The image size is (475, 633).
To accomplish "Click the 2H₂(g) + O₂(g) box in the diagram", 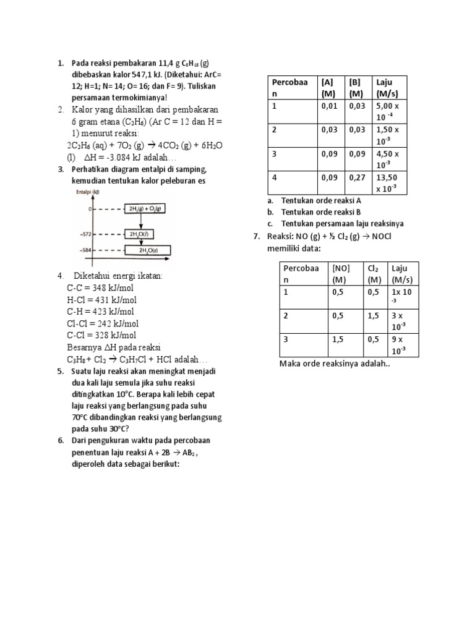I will coord(145,210).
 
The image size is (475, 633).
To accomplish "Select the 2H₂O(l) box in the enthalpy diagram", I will coord(139,234).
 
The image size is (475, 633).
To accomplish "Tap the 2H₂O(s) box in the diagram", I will coord(148,250).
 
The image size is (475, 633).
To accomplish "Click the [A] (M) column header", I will coord(328,88).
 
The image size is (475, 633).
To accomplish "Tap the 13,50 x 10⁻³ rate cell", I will coord(389,183).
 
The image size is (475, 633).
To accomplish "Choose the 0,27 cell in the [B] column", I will coord(357,177).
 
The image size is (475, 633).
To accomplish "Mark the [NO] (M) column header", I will coord(341,273).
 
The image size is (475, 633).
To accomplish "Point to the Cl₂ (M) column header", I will coord(373,273).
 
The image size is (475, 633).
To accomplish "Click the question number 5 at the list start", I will coord(61,372).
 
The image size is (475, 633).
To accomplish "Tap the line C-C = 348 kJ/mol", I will coord(100,287).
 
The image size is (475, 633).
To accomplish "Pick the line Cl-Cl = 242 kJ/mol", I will coord(103,323).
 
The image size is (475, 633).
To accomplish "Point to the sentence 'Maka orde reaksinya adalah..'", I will coord(335,363).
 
